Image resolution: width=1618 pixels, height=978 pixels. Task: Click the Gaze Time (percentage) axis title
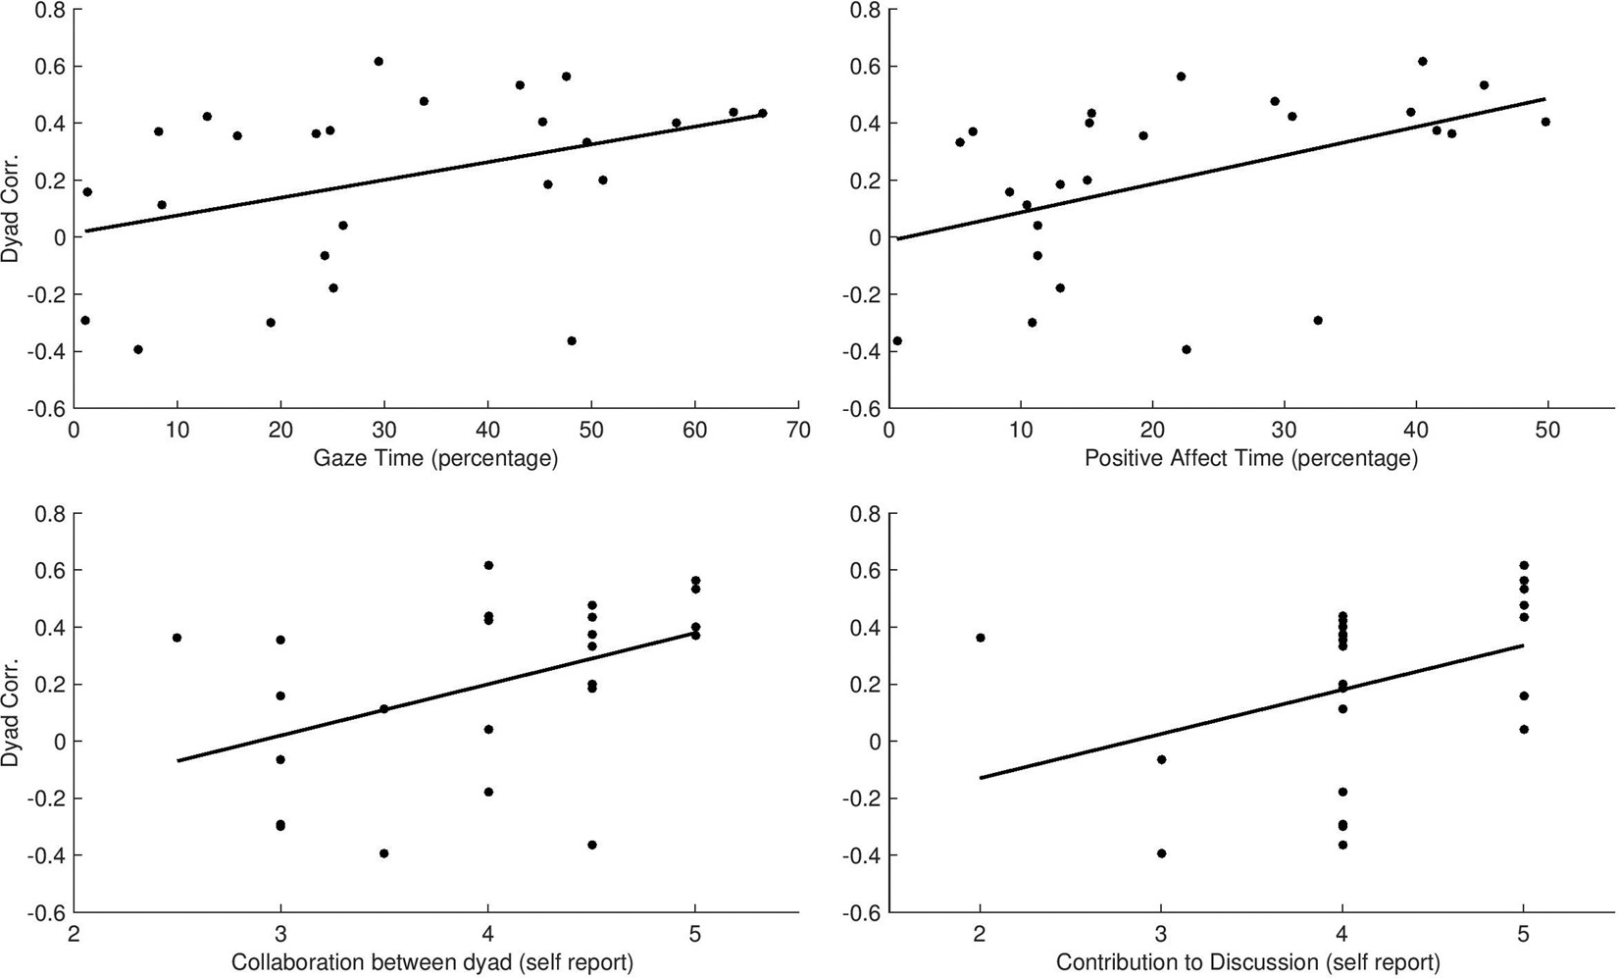click(x=435, y=458)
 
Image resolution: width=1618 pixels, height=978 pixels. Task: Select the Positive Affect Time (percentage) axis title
click(x=1250, y=458)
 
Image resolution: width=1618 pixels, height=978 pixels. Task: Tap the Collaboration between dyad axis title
click(x=431, y=963)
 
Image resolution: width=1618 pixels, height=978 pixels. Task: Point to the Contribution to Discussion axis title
click(x=1247, y=963)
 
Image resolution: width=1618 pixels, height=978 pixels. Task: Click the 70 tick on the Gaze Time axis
click(x=798, y=430)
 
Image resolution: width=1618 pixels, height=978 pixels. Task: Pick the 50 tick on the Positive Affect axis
click(x=1547, y=430)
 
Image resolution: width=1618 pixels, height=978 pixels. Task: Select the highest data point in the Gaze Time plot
click(x=379, y=62)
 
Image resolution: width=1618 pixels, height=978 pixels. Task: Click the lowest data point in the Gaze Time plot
click(x=138, y=349)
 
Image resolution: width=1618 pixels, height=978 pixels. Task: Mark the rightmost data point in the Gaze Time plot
click(x=762, y=114)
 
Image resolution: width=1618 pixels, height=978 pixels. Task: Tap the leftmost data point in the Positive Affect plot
click(x=896, y=341)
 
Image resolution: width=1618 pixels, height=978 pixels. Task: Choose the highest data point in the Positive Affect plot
click(x=1422, y=62)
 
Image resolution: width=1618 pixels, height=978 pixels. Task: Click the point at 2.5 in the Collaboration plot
click(x=177, y=638)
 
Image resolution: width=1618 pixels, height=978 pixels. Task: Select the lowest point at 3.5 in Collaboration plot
click(x=384, y=853)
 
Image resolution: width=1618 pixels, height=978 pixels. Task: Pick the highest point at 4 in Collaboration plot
click(x=488, y=565)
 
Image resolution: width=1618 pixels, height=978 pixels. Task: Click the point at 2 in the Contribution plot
click(x=981, y=638)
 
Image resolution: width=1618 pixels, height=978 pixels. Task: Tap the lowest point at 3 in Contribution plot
click(x=1161, y=853)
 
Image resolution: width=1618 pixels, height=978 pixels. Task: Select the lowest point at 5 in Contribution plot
click(x=1523, y=729)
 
